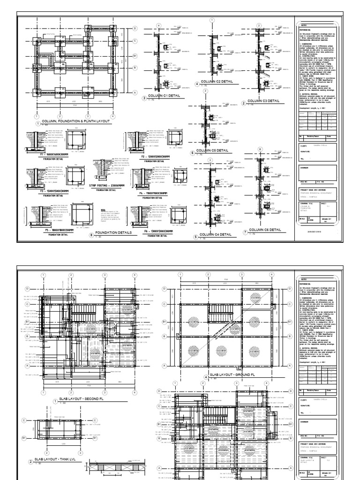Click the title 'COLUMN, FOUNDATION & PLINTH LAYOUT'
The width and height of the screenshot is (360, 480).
[75, 121]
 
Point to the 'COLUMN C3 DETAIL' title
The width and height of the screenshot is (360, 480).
[263, 100]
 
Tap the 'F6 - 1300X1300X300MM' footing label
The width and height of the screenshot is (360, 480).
[151, 232]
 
